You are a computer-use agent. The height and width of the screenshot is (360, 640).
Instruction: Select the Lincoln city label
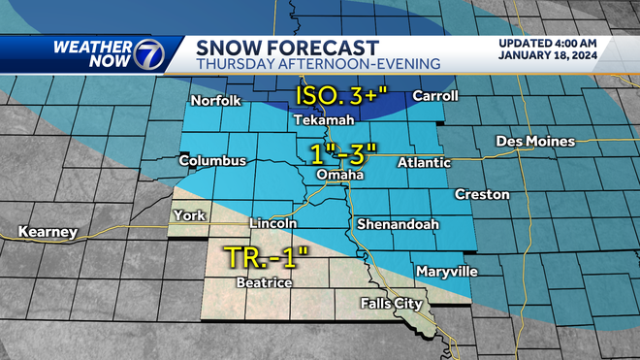click(273, 223)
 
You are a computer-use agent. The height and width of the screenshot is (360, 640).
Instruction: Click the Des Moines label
click(535, 142)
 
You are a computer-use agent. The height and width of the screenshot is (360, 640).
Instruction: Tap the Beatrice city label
click(264, 282)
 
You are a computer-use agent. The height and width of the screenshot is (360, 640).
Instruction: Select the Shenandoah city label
click(398, 224)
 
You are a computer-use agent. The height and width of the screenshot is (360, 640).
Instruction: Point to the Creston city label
click(482, 194)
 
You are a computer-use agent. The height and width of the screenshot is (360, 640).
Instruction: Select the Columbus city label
click(212, 160)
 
